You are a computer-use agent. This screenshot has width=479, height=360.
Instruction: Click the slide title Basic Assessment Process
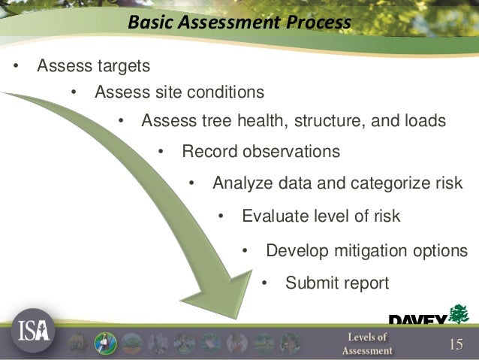pyautogui.click(x=239, y=23)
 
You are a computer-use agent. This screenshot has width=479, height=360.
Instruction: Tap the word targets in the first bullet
pyautogui.click(x=124, y=65)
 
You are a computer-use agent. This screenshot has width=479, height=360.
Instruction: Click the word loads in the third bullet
pyautogui.click(x=425, y=120)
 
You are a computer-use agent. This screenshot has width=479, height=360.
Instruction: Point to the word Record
pyautogui.click(x=209, y=152)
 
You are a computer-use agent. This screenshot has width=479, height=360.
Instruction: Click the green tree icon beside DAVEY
pyautogui.click(x=459, y=313)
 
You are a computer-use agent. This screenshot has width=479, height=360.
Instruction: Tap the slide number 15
pyautogui.click(x=456, y=344)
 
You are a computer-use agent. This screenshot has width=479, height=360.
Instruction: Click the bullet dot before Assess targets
pyautogui.click(x=16, y=66)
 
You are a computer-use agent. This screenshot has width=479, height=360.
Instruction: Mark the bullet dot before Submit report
pyautogui.click(x=264, y=284)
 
